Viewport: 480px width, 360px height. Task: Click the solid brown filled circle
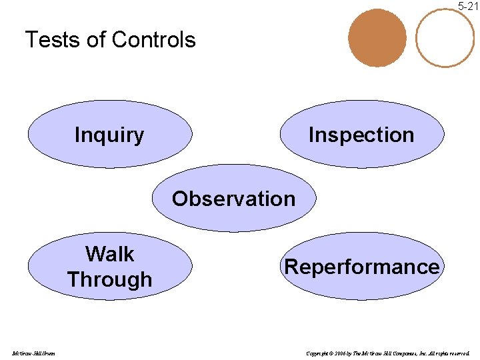click(377, 37)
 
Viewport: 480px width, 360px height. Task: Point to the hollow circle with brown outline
click(445, 37)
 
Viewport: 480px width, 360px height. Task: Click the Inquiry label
click(109, 135)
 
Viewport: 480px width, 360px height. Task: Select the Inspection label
click(361, 135)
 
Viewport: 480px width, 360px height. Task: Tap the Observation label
click(233, 199)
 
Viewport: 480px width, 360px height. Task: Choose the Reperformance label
click(362, 267)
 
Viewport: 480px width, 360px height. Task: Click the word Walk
click(109, 254)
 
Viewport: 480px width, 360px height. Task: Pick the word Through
click(109, 279)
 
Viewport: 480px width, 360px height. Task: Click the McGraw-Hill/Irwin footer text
click(33, 353)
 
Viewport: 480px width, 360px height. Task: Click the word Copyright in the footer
click(317, 353)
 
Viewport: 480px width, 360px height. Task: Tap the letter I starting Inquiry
click(77, 135)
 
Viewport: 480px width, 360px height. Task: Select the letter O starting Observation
click(180, 199)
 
